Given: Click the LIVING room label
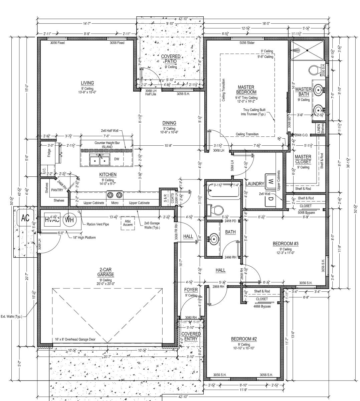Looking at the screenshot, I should click(87, 83).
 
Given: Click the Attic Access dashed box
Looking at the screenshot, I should click(128, 223).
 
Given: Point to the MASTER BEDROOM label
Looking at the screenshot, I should click(246, 90).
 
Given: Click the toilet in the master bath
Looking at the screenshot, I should click(314, 70).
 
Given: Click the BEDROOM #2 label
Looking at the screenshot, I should click(244, 339).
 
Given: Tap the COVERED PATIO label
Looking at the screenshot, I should click(171, 59).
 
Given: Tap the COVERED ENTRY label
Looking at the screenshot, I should click(191, 336).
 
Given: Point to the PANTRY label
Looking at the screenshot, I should click(57, 190).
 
